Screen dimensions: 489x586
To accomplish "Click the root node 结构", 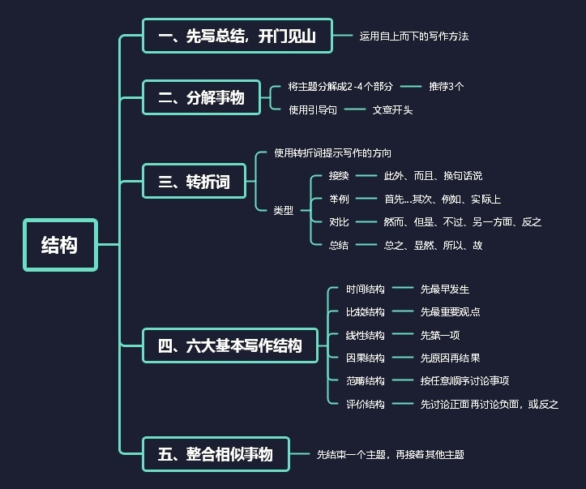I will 60,244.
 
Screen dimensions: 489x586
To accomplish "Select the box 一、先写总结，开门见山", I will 237,36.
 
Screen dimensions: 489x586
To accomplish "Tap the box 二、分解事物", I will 201,98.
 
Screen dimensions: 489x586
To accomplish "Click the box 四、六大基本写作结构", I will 230,345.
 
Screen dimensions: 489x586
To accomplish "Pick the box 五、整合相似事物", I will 215,454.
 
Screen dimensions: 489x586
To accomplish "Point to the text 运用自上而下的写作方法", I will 414,36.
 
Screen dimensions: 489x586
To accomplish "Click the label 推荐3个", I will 446,86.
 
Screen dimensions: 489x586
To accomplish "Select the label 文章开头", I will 392,109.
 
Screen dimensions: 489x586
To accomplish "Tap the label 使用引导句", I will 313,109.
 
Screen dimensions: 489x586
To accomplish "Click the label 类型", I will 283,210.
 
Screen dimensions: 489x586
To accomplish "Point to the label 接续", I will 339,175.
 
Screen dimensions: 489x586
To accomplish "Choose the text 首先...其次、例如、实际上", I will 443,199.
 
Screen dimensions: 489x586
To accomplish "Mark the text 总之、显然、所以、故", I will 433,244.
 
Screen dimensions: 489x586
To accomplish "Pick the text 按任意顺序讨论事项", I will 464,380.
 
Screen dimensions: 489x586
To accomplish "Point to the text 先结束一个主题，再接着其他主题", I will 390,455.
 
